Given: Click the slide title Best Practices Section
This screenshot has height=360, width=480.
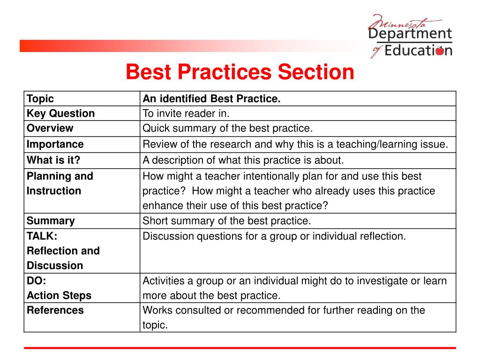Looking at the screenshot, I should (x=240, y=73).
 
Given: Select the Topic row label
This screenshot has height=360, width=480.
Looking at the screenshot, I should (x=40, y=99).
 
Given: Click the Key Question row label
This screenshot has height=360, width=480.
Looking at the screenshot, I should (x=60, y=113).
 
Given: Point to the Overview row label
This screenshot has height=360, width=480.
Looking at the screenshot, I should (x=50, y=128).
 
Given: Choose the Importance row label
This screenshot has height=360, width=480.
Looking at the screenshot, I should (x=55, y=144).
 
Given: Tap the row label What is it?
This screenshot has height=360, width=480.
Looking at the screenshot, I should (x=53, y=160).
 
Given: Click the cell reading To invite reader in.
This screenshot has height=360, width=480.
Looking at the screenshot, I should (x=186, y=113).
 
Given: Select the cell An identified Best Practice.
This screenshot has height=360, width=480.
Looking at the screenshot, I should (x=211, y=99).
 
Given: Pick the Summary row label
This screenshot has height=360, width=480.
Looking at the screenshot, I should (x=51, y=221).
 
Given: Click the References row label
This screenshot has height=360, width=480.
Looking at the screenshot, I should (x=55, y=310).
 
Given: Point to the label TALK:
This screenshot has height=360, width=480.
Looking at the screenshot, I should (x=42, y=236).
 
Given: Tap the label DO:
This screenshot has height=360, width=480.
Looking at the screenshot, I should (x=37, y=281).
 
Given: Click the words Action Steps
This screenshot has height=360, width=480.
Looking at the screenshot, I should (x=59, y=296).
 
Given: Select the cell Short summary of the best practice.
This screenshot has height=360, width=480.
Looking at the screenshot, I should (x=227, y=221).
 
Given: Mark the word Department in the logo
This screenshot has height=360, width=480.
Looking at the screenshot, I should (x=410, y=34).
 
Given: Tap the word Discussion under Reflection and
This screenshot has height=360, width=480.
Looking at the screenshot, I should (x=55, y=266).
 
